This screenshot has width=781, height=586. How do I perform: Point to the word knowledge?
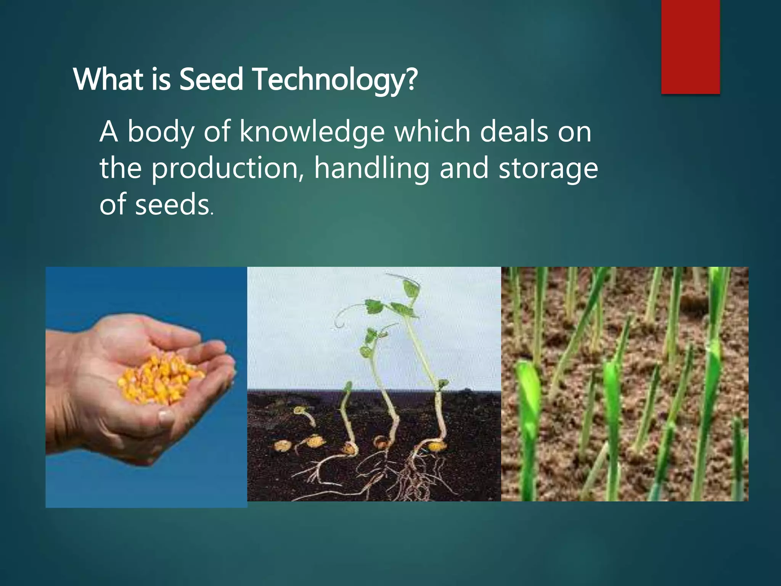pyautogui.click(x=312, y=132)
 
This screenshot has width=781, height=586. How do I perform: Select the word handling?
pyautogui.click(x=372, y=168)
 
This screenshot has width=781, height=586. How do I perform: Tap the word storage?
pyautogui.click(x=548, y=168)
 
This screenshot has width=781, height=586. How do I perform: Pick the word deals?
pyautogui.click(x=514, y=132)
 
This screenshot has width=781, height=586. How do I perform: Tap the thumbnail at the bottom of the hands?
pyautogui.click(x=167, y=417)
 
